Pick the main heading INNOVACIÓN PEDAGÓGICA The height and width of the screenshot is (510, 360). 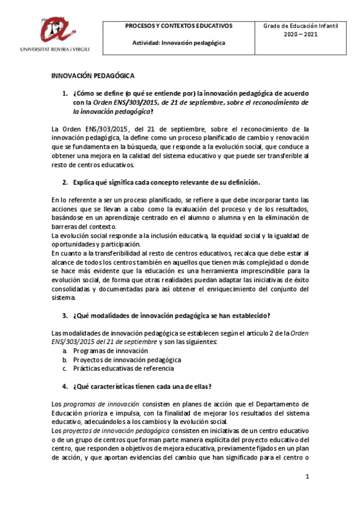(x=93, y=76)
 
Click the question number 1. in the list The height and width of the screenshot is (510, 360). (x=66, y=94)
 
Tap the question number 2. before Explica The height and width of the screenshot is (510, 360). (x=66, y=182)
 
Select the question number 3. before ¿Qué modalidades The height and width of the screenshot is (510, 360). (x=66, y=316)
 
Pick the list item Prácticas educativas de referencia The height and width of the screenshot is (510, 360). (x=123, y=368)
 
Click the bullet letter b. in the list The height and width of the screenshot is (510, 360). (x=65, y=360)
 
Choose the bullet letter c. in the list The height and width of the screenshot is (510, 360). (x=65, y=368)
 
